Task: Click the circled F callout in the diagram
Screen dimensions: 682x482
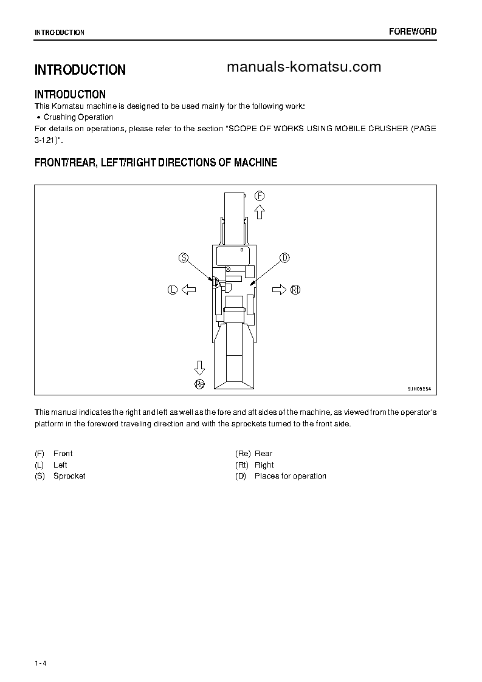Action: (x=260, y=196)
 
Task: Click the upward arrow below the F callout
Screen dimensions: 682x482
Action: (x=260, y=212)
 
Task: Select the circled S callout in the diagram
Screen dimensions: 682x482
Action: (x=183, y=257)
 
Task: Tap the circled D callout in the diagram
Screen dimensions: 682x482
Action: (x=284, y=257)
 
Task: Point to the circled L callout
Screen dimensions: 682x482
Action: (x=172, y=290)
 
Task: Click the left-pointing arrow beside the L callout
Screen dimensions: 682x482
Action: (x=188, y=290)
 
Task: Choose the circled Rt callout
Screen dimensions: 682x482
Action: (x=295, y=290)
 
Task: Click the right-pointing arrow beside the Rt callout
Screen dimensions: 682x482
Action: (x=279, y=290)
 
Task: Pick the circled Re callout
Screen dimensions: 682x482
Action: (x=199, y=383)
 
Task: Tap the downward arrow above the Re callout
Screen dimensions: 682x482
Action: (x=199, y=367)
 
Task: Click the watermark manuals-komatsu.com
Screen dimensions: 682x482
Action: (x=304, y=67)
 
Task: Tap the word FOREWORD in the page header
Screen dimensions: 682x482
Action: (x=413, y=32)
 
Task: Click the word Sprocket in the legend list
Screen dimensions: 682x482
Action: (x=69, y=476)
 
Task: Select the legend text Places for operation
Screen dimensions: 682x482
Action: (x=290, y=476)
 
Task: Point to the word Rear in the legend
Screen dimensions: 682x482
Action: (x=263, y=454)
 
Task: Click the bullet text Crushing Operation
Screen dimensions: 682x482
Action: (x=78, y=117)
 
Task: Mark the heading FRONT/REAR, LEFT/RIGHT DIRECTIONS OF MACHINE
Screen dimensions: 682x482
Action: (x=156, y=163)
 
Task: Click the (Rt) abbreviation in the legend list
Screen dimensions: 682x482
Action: (x=242, y=465)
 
